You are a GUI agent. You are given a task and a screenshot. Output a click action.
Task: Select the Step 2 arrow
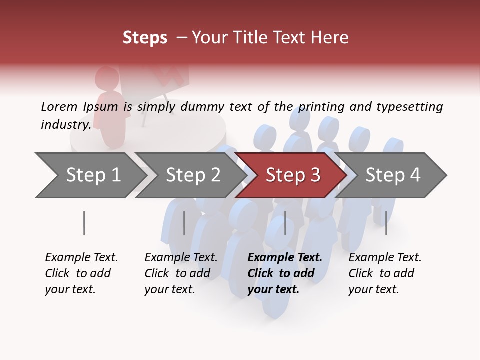[x=192, y=175]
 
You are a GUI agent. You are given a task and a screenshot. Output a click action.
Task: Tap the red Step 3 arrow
[x=292, y=175]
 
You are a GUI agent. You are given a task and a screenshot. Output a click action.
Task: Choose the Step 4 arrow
[x=392, y=175]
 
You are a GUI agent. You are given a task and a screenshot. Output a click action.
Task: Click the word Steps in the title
[x=145, y=38]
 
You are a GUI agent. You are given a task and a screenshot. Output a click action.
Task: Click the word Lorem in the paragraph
[x=59, y=106]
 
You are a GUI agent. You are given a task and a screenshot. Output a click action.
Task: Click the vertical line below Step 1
[x=84, y=223]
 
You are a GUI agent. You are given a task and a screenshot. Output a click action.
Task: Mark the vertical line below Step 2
[x=184, y=223]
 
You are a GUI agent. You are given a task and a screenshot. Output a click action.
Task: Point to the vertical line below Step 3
[x=285, y=223]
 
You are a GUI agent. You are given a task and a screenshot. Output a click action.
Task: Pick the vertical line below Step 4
[x=386, y=223]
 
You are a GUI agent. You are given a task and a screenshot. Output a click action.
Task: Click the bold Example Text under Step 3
[x=285, y=258]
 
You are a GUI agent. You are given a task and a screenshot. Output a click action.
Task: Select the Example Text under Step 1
[x=81, y=258]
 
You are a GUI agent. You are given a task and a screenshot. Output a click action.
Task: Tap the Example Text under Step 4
[x=385, y=258]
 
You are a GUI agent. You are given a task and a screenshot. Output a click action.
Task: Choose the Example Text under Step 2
[x=181, y=258]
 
